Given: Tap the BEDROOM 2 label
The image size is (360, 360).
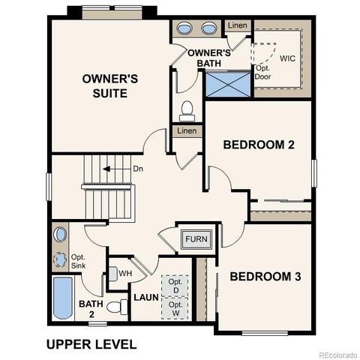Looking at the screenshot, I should [x=258, y=145].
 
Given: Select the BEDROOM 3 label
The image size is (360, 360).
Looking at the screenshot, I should [x=265, y=277].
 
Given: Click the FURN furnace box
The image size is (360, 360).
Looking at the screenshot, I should [x=196, y=240].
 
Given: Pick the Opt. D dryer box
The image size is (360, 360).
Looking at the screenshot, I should [x=175, y=285].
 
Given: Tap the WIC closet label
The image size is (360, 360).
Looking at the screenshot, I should [x=289, y=58].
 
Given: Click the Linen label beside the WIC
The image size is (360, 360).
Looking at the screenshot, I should [x=236, y=26].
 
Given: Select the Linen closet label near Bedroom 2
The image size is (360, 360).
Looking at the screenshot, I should [x=187, y=131].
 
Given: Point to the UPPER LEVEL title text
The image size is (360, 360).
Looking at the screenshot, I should [x=91, y=344].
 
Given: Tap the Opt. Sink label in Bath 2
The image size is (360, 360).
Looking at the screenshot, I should [x=78, y=261].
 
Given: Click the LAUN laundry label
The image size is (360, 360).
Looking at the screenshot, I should [x=146, y=297].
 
